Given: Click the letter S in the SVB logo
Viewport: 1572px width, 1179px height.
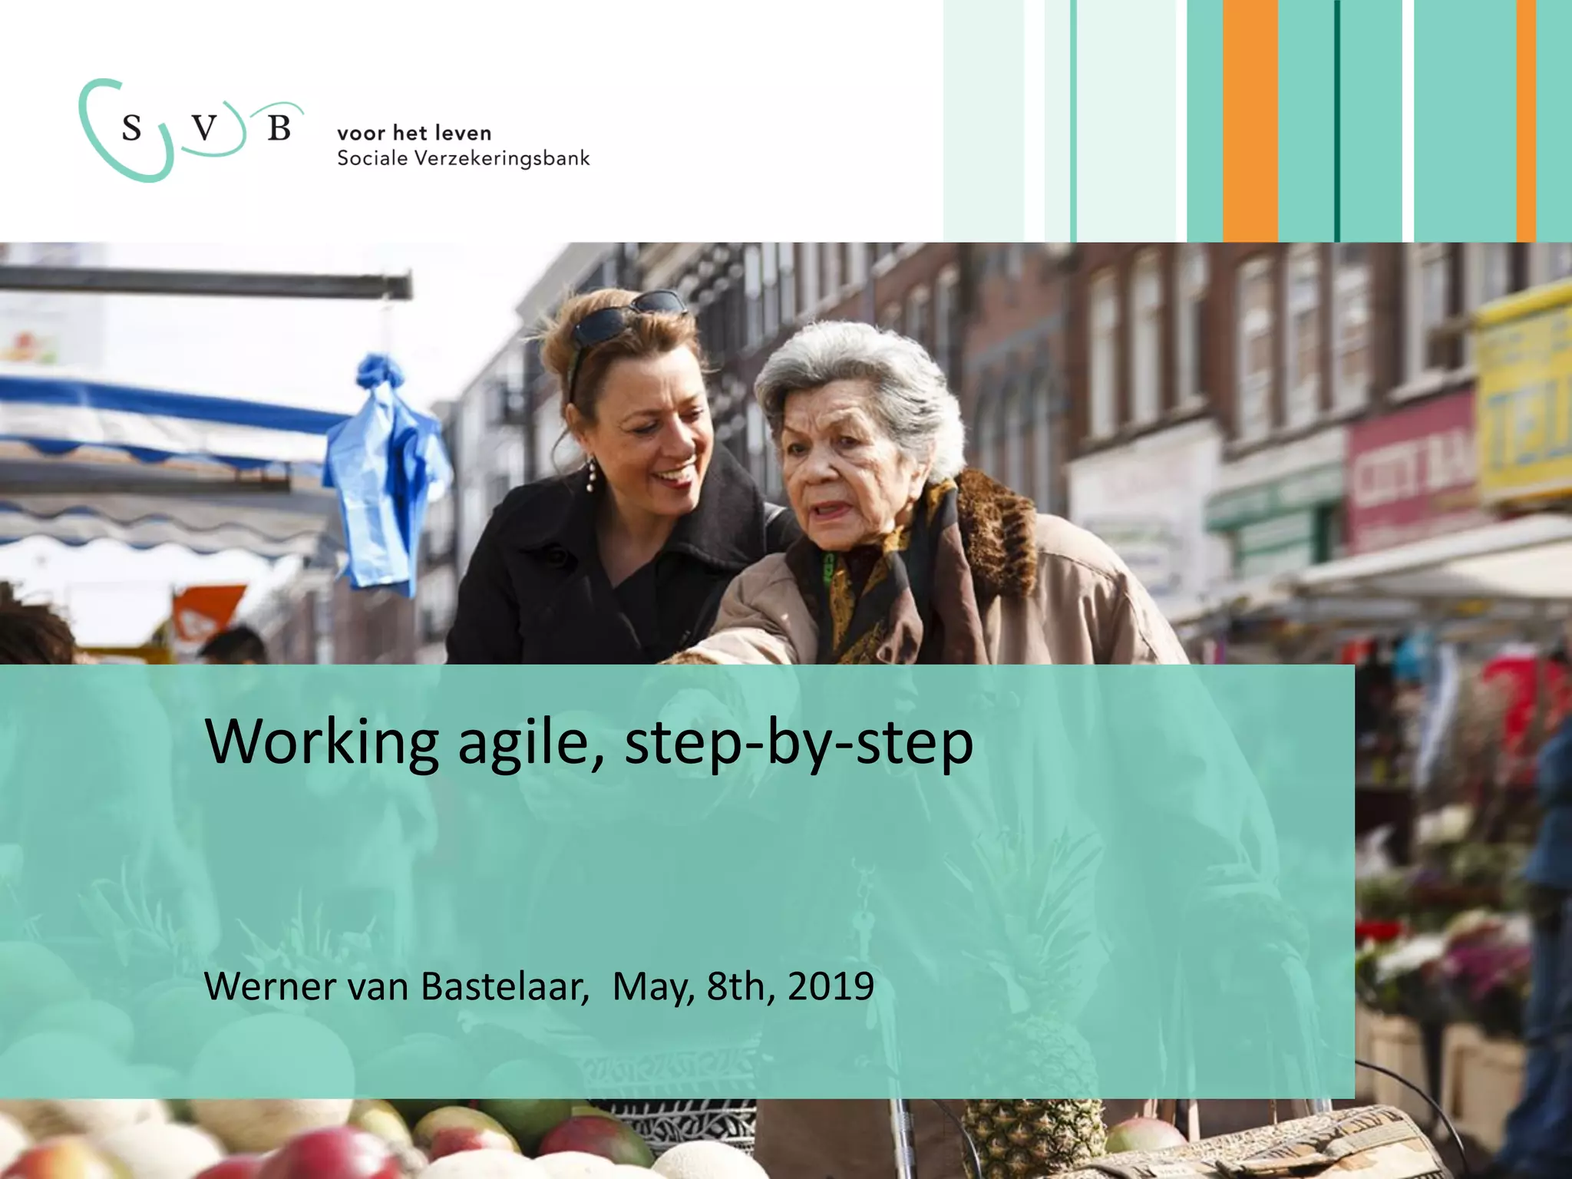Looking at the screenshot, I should pos(132,128).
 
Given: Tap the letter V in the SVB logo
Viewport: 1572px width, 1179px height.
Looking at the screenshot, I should pos(204,128).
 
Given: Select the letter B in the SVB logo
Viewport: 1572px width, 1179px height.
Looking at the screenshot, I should pos(279,128).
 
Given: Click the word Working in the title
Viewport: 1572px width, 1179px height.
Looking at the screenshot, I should pos(322,742).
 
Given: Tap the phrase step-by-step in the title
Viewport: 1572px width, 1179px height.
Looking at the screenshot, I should pos(798,744).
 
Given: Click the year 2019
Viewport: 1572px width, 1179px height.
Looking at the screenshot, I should pos(831,986).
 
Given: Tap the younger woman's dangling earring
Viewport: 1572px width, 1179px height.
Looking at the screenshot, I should pos(591,475).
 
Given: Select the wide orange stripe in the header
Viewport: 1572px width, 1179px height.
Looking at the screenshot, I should pos(1250,121).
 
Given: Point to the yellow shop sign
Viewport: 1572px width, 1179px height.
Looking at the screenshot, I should pos(1524,399).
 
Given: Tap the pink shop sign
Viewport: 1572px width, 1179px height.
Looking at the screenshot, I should pos(1409,476).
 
